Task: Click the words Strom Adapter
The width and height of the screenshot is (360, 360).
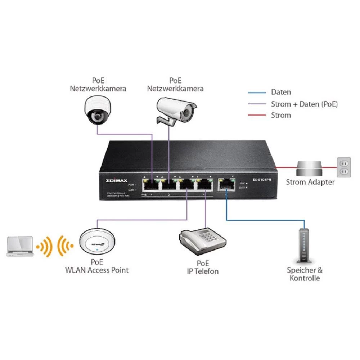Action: [310, 182]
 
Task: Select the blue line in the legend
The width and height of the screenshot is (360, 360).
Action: [256, 93]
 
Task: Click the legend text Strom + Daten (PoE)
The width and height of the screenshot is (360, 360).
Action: [304, 104]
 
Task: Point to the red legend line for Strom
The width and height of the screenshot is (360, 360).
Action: [256, 115]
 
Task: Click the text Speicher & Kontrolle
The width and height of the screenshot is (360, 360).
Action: [305, 274]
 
